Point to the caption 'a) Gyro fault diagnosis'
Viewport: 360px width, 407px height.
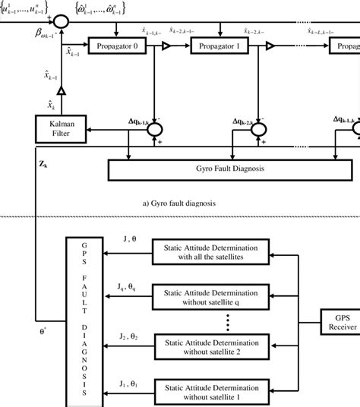pos(180,204)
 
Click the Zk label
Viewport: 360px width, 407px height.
pos(43,162)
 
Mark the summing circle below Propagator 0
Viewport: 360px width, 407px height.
pos(154,130)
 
